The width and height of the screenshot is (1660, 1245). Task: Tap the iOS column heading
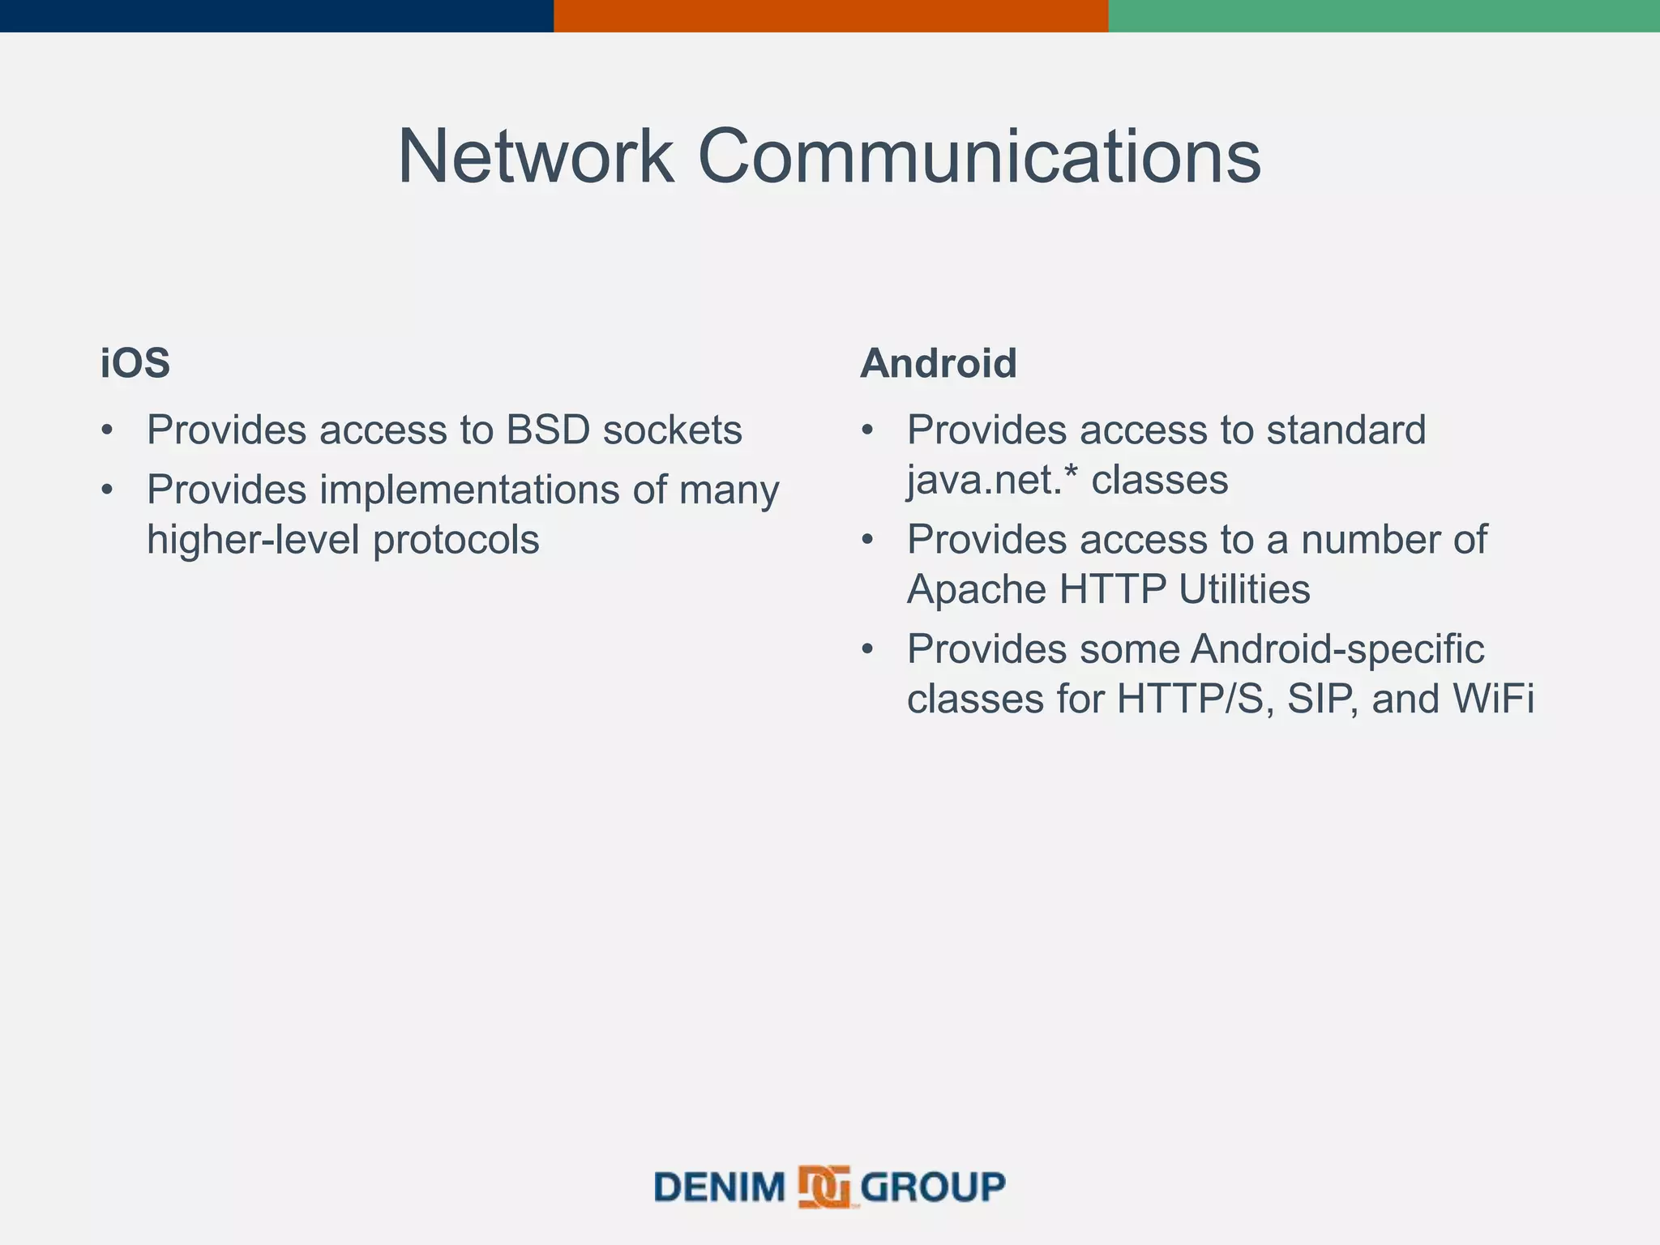[135, 362]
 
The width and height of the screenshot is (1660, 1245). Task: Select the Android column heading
[938, 362]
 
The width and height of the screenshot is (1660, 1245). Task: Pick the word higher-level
[253, 539]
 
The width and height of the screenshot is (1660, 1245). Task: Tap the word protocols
[456, 541]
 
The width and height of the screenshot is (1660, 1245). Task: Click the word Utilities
[1244, 589]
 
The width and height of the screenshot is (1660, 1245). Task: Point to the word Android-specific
[1337, 649]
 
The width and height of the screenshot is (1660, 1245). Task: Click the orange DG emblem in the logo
[824, 1187]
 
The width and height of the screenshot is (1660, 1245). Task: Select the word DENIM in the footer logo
[720, 1187]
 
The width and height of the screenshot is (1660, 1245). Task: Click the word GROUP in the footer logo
[932, 1187]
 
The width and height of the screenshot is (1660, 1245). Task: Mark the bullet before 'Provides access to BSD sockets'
[107, 430]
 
